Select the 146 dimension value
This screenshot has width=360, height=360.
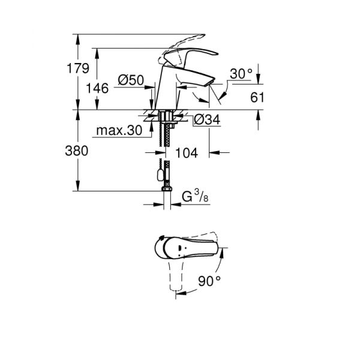(97, 89)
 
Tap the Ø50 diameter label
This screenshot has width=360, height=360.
(130, 79)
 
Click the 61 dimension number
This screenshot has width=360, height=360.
(257, 97)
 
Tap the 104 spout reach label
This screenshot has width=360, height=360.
(187, 154)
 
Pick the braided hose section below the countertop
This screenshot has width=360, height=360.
(164, 136)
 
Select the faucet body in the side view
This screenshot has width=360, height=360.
(165, 90)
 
